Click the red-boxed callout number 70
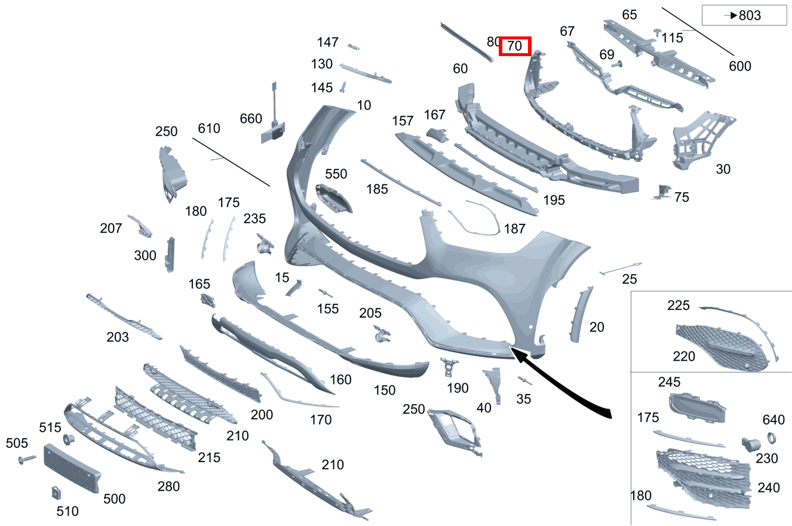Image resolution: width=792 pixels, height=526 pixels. (515, 46)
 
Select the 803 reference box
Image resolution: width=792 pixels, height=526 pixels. (744, 15)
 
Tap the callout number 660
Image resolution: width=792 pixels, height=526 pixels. (251, 119)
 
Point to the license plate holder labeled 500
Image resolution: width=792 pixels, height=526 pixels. (72, 468)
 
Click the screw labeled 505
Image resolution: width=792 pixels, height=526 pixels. (27, 459)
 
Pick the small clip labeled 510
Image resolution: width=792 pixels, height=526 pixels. (56, 493)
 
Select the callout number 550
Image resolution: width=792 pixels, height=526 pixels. (336, 174)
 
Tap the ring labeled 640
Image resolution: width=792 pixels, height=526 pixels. (772, 438)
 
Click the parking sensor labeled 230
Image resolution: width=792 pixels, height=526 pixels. (751, 444)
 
